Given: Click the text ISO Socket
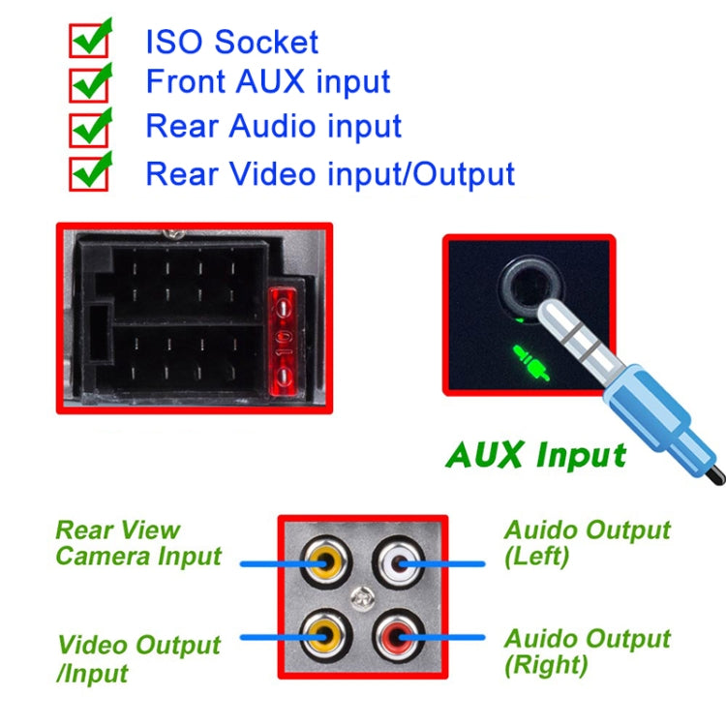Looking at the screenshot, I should pos(231,42).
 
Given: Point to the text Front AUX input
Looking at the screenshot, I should pos(268,82).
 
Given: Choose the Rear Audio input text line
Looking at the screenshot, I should pos(273,127).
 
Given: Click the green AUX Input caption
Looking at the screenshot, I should pos(535,454).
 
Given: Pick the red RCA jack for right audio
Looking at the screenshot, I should pos(399,637).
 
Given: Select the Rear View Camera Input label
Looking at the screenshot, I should pos(137,543).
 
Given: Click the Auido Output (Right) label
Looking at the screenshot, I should pos(587,651).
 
